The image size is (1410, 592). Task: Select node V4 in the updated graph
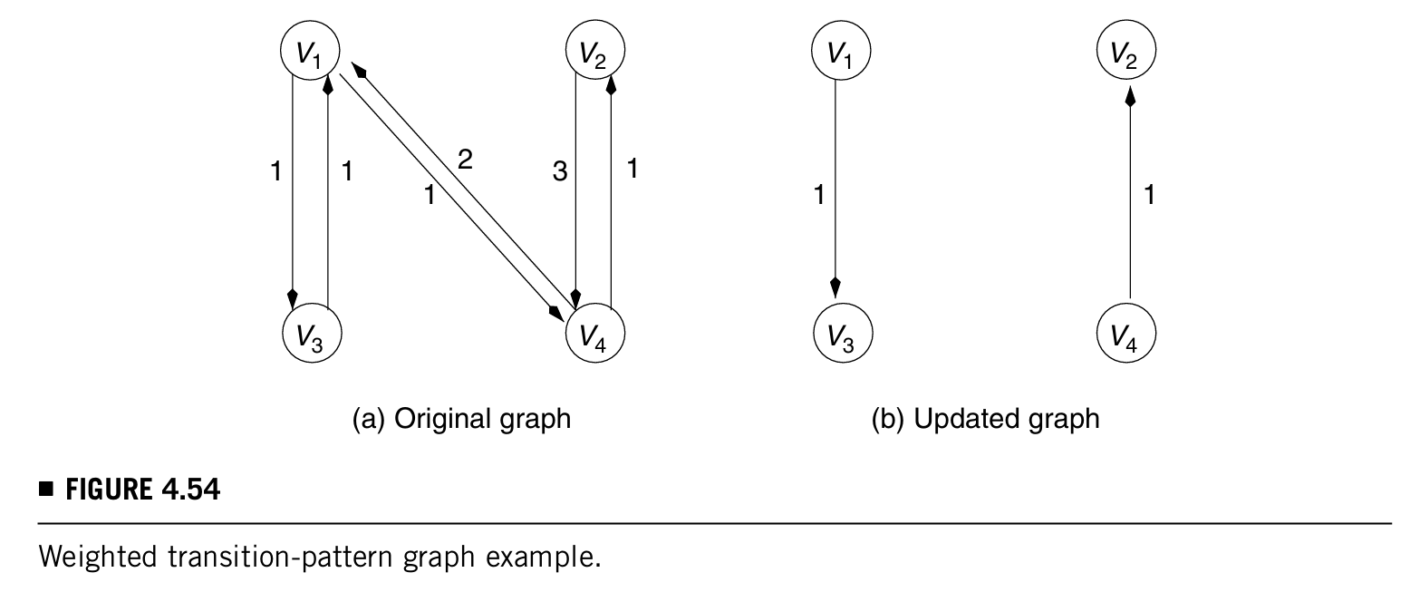click(x=1126, y=335)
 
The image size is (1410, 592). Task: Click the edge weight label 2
click(x=465, y=161)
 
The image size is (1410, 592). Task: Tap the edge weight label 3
click(x=560, y=170)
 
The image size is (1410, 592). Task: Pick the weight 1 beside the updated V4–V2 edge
click(x=1149, y=194)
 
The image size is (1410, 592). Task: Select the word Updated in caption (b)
click(x=961, y=420)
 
